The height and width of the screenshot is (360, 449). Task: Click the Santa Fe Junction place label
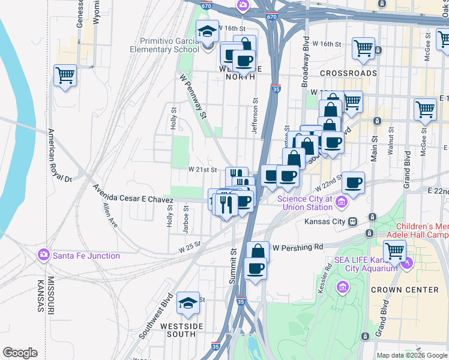pos(86,256)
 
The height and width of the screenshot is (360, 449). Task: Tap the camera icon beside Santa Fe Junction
pos(43,256)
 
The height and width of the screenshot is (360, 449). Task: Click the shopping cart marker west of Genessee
pos(65,76)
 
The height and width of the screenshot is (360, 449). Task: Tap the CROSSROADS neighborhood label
pos(348,73)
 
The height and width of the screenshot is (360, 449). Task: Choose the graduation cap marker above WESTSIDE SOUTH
pos(188,304)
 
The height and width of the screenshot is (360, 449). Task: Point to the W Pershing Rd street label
pos(298,247)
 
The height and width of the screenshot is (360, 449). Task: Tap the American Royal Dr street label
pos(59,155)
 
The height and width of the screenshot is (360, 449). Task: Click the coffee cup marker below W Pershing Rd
pos(256,268)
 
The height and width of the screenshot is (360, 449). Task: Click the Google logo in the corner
pos(20,353)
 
